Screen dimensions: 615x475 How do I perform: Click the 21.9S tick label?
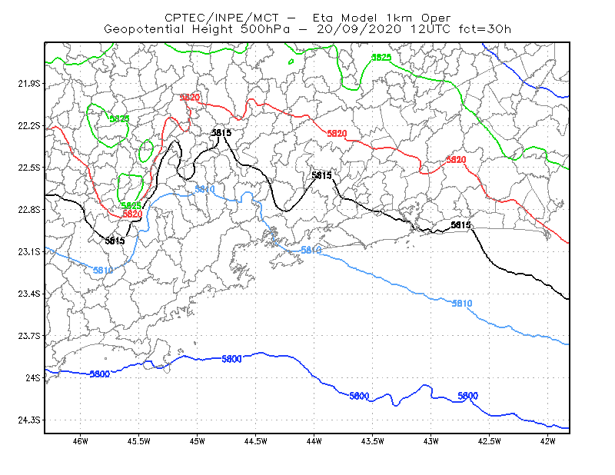click(29, 84)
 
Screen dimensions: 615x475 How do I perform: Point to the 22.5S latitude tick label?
click(29, 168)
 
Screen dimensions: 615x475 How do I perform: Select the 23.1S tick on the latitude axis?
click(29, 251)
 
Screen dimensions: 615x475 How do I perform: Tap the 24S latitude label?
click(33, 377)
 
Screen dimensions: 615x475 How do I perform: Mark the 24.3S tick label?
click(29, 420)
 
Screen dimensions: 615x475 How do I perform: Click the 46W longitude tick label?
click(81, 441)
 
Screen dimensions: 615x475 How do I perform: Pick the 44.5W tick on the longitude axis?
click(255, 441)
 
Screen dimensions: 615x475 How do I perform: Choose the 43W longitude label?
click(430, 441)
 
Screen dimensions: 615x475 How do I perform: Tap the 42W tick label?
click(547, 441)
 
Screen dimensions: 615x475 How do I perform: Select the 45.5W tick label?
click(139, 441)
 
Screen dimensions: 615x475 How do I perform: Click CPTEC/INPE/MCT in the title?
click(221, 18)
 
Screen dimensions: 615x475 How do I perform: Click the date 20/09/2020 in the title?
click(359, 29)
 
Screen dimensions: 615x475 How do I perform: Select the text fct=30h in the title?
click(485, 29)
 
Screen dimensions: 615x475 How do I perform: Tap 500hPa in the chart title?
click(265, 29)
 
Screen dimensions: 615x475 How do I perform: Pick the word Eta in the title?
click(322, 18)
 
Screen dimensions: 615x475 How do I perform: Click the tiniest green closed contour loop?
click(291, 61)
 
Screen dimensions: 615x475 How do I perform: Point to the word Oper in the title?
click(436, 18)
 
